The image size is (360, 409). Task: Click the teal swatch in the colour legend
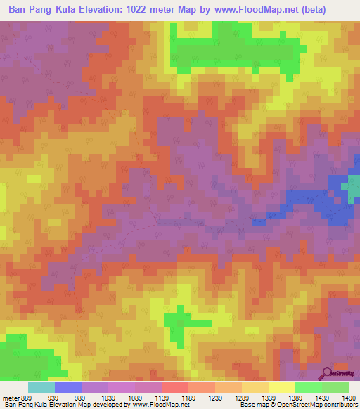tap(41, 388)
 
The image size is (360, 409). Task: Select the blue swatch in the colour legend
tap(68, 388)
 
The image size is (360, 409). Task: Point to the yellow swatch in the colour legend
tap(282, 388)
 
